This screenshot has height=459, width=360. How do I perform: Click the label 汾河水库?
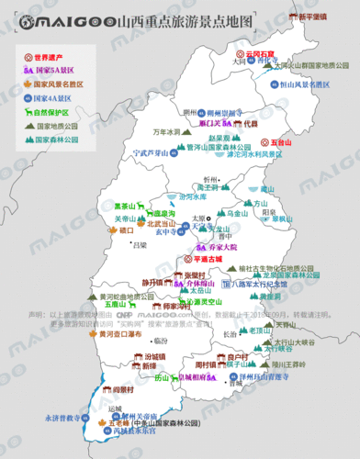click(192, 196)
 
